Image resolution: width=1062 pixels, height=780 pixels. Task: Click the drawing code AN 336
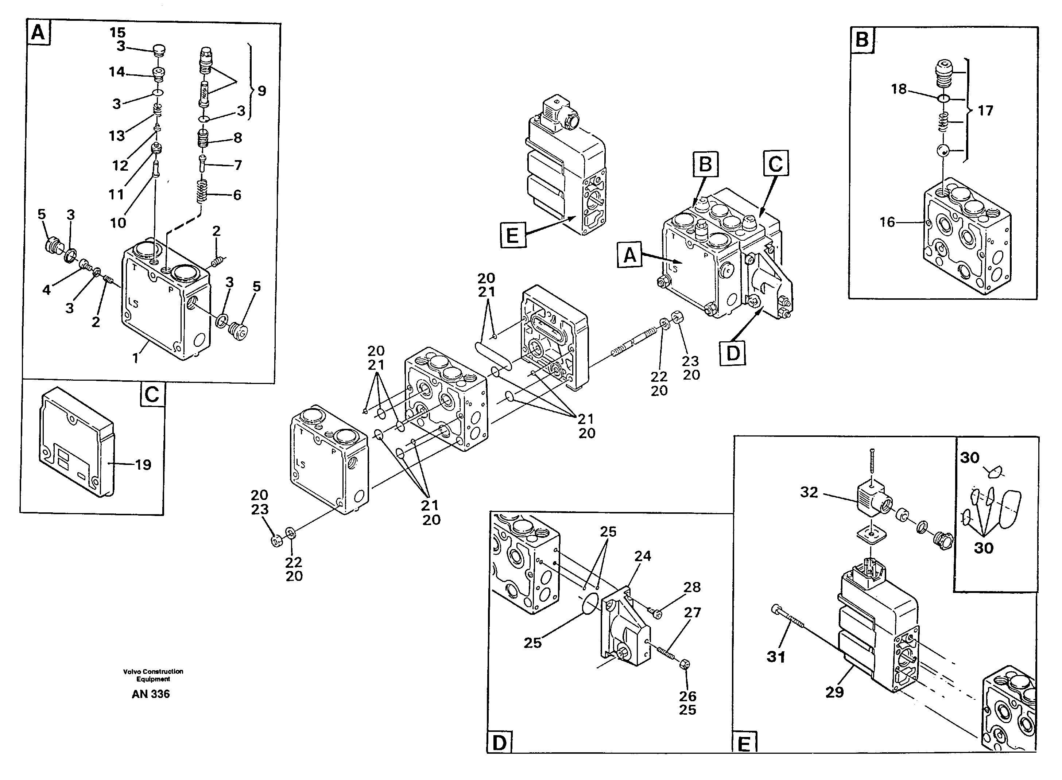(151, 694)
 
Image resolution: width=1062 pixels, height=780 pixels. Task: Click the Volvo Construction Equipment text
(153, 675)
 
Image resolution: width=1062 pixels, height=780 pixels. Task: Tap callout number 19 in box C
(143, 465)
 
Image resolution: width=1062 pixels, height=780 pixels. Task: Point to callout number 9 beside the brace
(261, 91)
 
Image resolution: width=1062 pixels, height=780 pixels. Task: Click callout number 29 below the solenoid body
(834, 692)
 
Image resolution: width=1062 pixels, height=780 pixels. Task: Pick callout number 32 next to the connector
(809, 492)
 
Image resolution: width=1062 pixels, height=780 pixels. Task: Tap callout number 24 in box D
(642, 556)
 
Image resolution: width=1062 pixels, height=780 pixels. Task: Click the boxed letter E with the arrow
(512, 235)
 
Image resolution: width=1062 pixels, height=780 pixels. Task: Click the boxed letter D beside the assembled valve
(732, 353)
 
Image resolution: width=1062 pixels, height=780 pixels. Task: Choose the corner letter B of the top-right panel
(862, 40)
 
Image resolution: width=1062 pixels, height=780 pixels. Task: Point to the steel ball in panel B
(943, 151)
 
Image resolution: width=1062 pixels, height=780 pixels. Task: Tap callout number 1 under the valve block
(136, 358)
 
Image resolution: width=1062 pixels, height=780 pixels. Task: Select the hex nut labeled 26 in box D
(685, 664)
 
